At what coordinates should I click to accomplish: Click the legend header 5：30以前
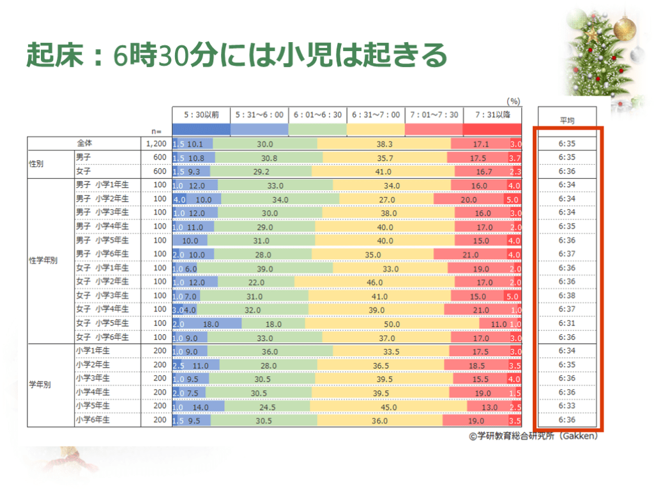coord(201,115)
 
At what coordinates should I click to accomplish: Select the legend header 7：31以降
coord(492,115)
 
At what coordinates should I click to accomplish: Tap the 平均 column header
coord(567,119)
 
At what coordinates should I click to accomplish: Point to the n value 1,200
coord(156,144)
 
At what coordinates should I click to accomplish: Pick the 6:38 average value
coord(567,295)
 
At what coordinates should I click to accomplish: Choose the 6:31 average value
coord(567,323)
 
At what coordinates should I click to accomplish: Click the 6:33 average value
coord(567,406)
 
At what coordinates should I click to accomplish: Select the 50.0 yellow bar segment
coord(392,323)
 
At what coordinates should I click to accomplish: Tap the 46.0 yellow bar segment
coord(374,282)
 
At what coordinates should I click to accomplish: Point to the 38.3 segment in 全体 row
coord(384,144)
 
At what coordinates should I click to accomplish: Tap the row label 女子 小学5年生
coord(102,323)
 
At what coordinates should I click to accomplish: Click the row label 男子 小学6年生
coord(102,255)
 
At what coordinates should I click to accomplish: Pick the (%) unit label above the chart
coord(513,101)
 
